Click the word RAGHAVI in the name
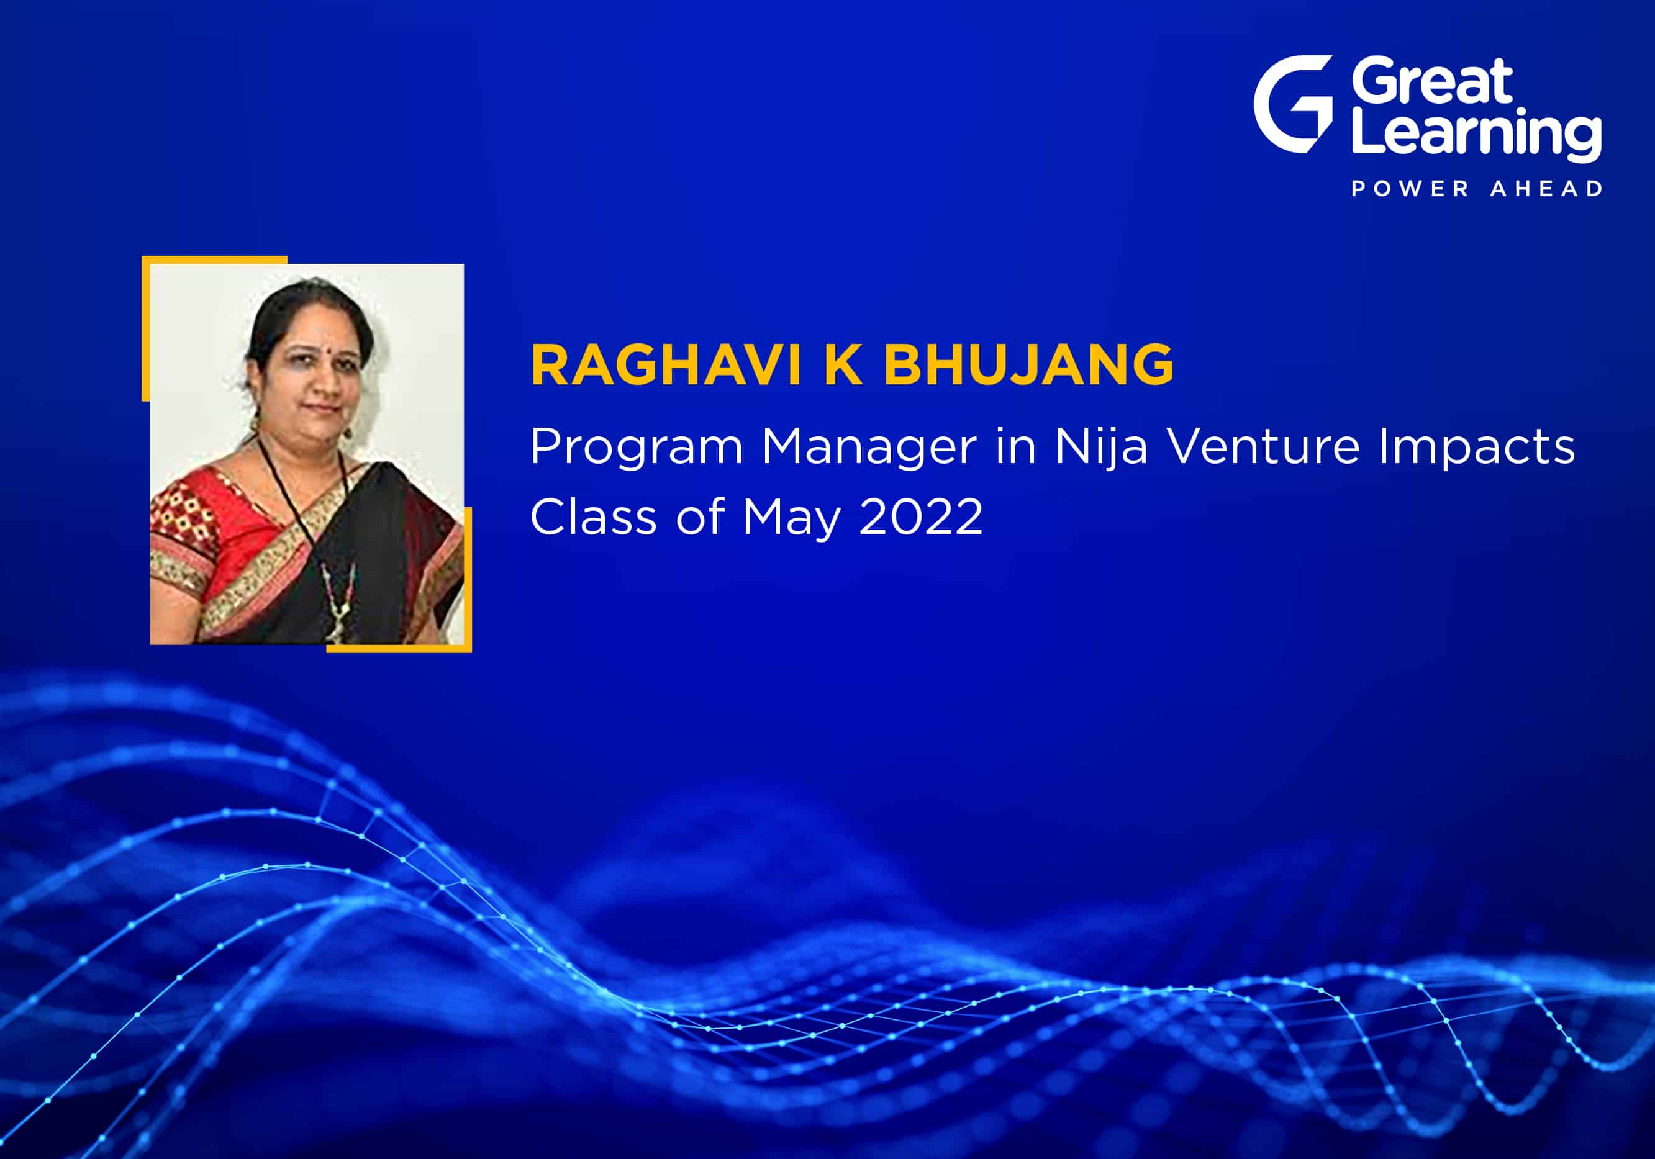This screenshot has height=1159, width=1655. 666,366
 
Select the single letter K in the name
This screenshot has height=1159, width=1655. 843,366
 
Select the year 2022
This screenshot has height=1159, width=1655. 921,516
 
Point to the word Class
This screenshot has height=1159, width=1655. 592,516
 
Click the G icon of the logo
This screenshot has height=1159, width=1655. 1292,104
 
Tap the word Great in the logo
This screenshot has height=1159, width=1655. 1432,81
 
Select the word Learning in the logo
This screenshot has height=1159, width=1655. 1477,134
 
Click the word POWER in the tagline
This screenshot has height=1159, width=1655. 1410,189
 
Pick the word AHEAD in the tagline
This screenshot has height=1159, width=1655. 1546,189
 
